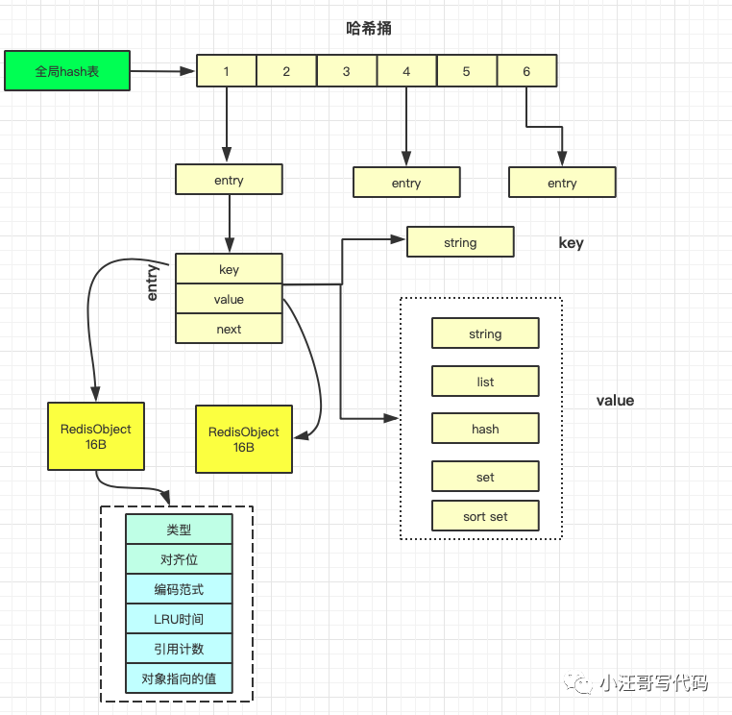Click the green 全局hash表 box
pyautogui.click(x=67, y=71)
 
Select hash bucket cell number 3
pyautogui.click(x=346, y=71)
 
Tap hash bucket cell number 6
pyautogui.click(x=526, y=71)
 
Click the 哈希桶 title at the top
pyautogui.click(x=368, y=28)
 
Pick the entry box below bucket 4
pyautogui.click(x=406, y=183)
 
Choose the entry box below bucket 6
pyautogui.click(x=562, y=183)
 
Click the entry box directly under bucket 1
pyautogui.click(x=229, y=180)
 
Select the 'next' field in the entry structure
pyautogui.click(x=229, y=329)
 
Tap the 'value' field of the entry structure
pyautogui.click(x=229, y=299)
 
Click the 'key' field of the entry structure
pyautogui.click(x=229, y=269)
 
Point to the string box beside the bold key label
pyautogui.click(x=460, y=242)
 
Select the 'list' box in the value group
pyautogui.click(x=485, y=382)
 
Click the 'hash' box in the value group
pyautogui.click(x=485, y=429)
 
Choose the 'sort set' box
pyautogui.click(x=485, y=516)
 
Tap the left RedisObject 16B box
pyautogui.click(x=95, y=436)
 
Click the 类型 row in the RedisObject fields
pyautogui.click(x=179, y=530)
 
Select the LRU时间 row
pyautogui.click(x=179, y=619)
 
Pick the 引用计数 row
pyautogui.click(x=179, y=649)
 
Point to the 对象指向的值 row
pyautogui.click(x=179, y=678)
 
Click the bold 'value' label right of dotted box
pyautogui.click(x=615, y=400)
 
